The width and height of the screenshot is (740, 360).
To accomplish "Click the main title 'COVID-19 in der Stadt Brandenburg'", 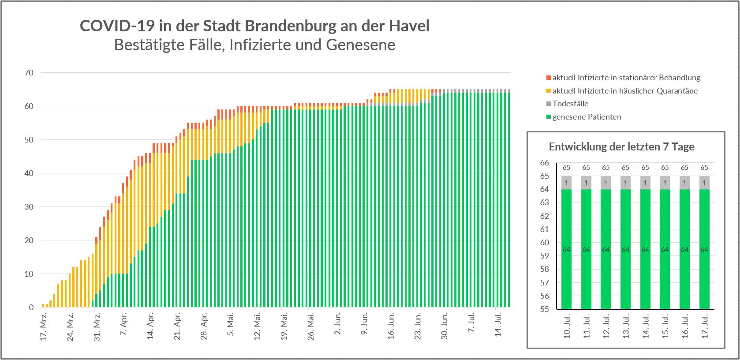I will coord(254,26).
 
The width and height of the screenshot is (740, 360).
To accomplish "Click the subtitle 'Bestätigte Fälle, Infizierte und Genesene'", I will coord(254,45).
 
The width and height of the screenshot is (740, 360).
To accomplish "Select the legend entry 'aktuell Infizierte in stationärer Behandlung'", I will coord(626,78).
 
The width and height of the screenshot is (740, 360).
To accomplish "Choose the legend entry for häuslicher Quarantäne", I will coord(624,91).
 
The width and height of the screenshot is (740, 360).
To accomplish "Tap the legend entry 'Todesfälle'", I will coord(570,104).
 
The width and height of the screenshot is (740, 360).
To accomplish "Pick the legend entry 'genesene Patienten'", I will coord(587,117).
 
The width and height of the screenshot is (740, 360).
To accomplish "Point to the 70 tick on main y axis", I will coord(29,73).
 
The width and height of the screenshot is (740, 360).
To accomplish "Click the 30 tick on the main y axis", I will coord(29,207).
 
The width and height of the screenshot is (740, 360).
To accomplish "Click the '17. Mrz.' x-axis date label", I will coord(43,326).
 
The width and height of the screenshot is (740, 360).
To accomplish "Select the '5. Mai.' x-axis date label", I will coord(231,325).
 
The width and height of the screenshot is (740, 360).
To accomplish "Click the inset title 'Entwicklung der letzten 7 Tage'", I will coord(621,147).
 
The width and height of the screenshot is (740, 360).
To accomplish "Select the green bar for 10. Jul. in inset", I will coord(566,249).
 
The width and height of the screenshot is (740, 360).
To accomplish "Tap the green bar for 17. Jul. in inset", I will coord(704,249).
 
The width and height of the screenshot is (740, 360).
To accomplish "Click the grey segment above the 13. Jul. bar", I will coord(625,183).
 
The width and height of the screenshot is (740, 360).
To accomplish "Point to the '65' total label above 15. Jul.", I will coord(665,168).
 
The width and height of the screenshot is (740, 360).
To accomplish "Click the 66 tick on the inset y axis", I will coord(544,163).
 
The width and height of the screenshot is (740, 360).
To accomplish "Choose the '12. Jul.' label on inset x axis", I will coord(606,327).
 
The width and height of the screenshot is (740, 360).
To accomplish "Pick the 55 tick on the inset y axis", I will coord(544,309).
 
